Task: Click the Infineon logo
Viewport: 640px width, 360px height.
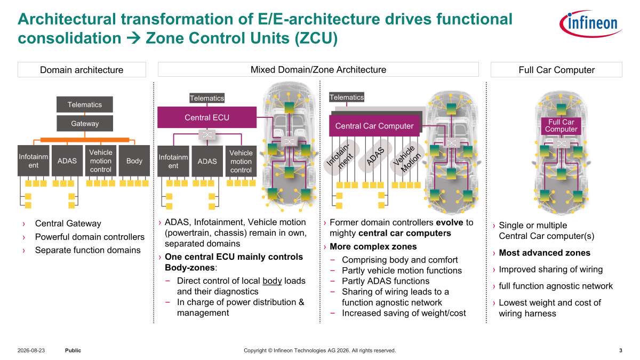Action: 590,23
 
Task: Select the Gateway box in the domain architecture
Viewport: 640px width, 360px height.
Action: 85,123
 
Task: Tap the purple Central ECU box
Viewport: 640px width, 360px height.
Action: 207,117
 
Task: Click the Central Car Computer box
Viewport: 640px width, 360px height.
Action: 374,126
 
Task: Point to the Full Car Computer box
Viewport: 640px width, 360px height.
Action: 561,126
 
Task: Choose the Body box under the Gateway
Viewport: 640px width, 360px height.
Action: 134,161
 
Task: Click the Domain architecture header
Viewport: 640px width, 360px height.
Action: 82,70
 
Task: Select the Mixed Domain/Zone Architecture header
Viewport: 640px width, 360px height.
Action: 318,69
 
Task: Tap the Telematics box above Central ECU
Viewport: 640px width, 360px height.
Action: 207,98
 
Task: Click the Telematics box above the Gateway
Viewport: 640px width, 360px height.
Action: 85,105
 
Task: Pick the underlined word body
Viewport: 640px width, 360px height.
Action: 272,281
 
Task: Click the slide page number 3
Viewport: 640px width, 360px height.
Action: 621,350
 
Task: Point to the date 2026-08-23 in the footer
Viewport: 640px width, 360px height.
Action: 31,350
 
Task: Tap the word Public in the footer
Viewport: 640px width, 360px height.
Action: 73,350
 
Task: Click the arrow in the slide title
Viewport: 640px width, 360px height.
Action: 133,38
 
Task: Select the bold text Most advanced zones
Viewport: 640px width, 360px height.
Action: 545,253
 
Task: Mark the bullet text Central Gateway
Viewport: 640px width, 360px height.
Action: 68,223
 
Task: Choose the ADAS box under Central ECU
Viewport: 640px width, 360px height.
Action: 207,161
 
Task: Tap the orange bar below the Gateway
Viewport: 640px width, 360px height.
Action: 85,140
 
